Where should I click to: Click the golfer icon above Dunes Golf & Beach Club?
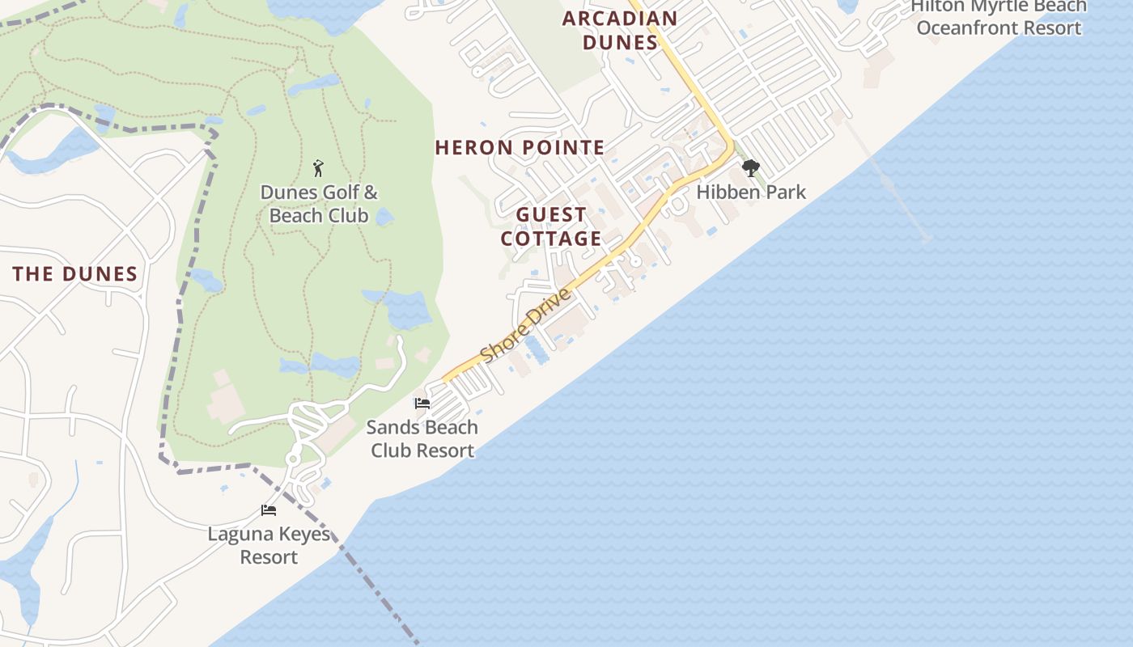pos(318,168)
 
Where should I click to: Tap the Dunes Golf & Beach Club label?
pos(319,204)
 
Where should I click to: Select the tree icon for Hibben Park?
pos(750,168)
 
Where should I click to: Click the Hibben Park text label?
pos(751,192)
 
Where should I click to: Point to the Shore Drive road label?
pos(526,326)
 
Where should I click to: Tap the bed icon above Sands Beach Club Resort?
pos(422,403)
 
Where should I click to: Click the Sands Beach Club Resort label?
pos(422,438)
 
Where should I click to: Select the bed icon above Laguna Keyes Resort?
pos(269,510)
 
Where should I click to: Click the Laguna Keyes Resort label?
pos(269,545)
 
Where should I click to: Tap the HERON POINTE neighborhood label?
pos(520,147)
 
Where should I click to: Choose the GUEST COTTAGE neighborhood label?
pos(551,226)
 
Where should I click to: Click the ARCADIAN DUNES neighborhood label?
pos(620,30)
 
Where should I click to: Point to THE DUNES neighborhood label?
pos(75,274)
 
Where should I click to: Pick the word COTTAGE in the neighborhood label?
pos(551,239)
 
